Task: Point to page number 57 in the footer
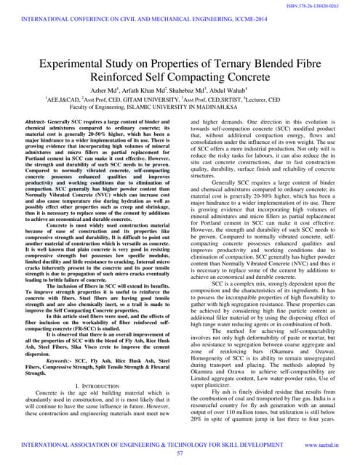tap(180, 453)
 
